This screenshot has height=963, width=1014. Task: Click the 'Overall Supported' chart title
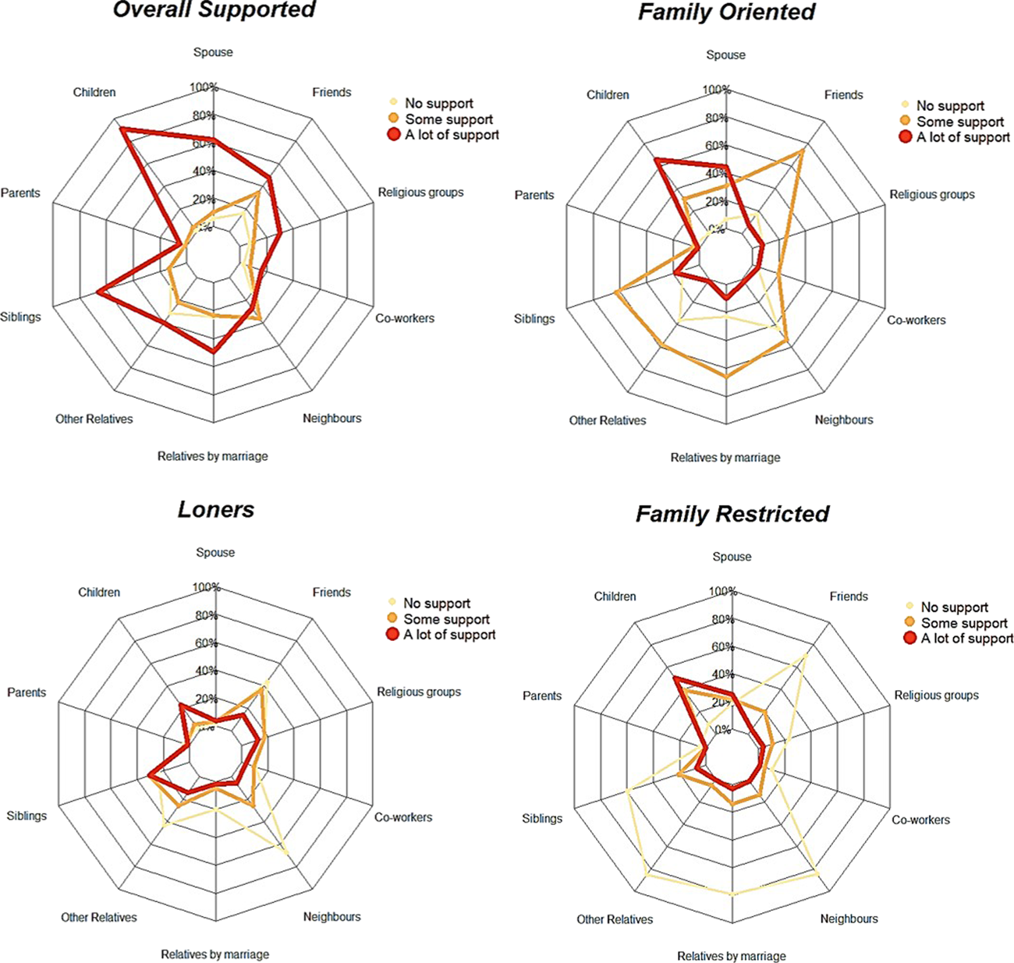coord(214,10)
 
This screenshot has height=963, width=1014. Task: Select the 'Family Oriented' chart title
coord(726,12)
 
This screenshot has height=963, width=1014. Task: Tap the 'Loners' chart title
coord(216,510)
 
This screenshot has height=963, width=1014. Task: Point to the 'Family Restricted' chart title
coord(732,515)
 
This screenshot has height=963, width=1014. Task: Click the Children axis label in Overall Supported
coord(94,92)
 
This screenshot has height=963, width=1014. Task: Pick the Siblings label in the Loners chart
coord(27,816)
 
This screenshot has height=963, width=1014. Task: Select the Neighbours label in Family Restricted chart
coord(849,919)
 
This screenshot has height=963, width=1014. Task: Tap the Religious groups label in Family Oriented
coord(932,194)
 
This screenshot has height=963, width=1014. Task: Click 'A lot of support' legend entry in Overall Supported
coord(452,135)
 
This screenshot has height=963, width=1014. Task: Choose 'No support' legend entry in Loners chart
coord(436,604)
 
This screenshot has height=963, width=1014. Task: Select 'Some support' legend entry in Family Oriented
coord(960,122)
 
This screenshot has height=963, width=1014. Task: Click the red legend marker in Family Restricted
coord(909,639)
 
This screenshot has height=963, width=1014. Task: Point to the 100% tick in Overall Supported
coord(204,87)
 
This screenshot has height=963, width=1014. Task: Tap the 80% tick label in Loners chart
coord(206,616)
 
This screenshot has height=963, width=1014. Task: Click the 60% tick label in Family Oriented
coord(716,146)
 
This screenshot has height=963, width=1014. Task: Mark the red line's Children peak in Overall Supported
coord(121,128)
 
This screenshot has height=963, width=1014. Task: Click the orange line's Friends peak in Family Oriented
coord(803,150)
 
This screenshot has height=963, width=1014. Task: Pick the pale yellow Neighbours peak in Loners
coord(289,852)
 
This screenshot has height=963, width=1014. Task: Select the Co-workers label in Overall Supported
coord(404,318)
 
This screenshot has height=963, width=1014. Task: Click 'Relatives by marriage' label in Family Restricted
coord(731,956)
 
